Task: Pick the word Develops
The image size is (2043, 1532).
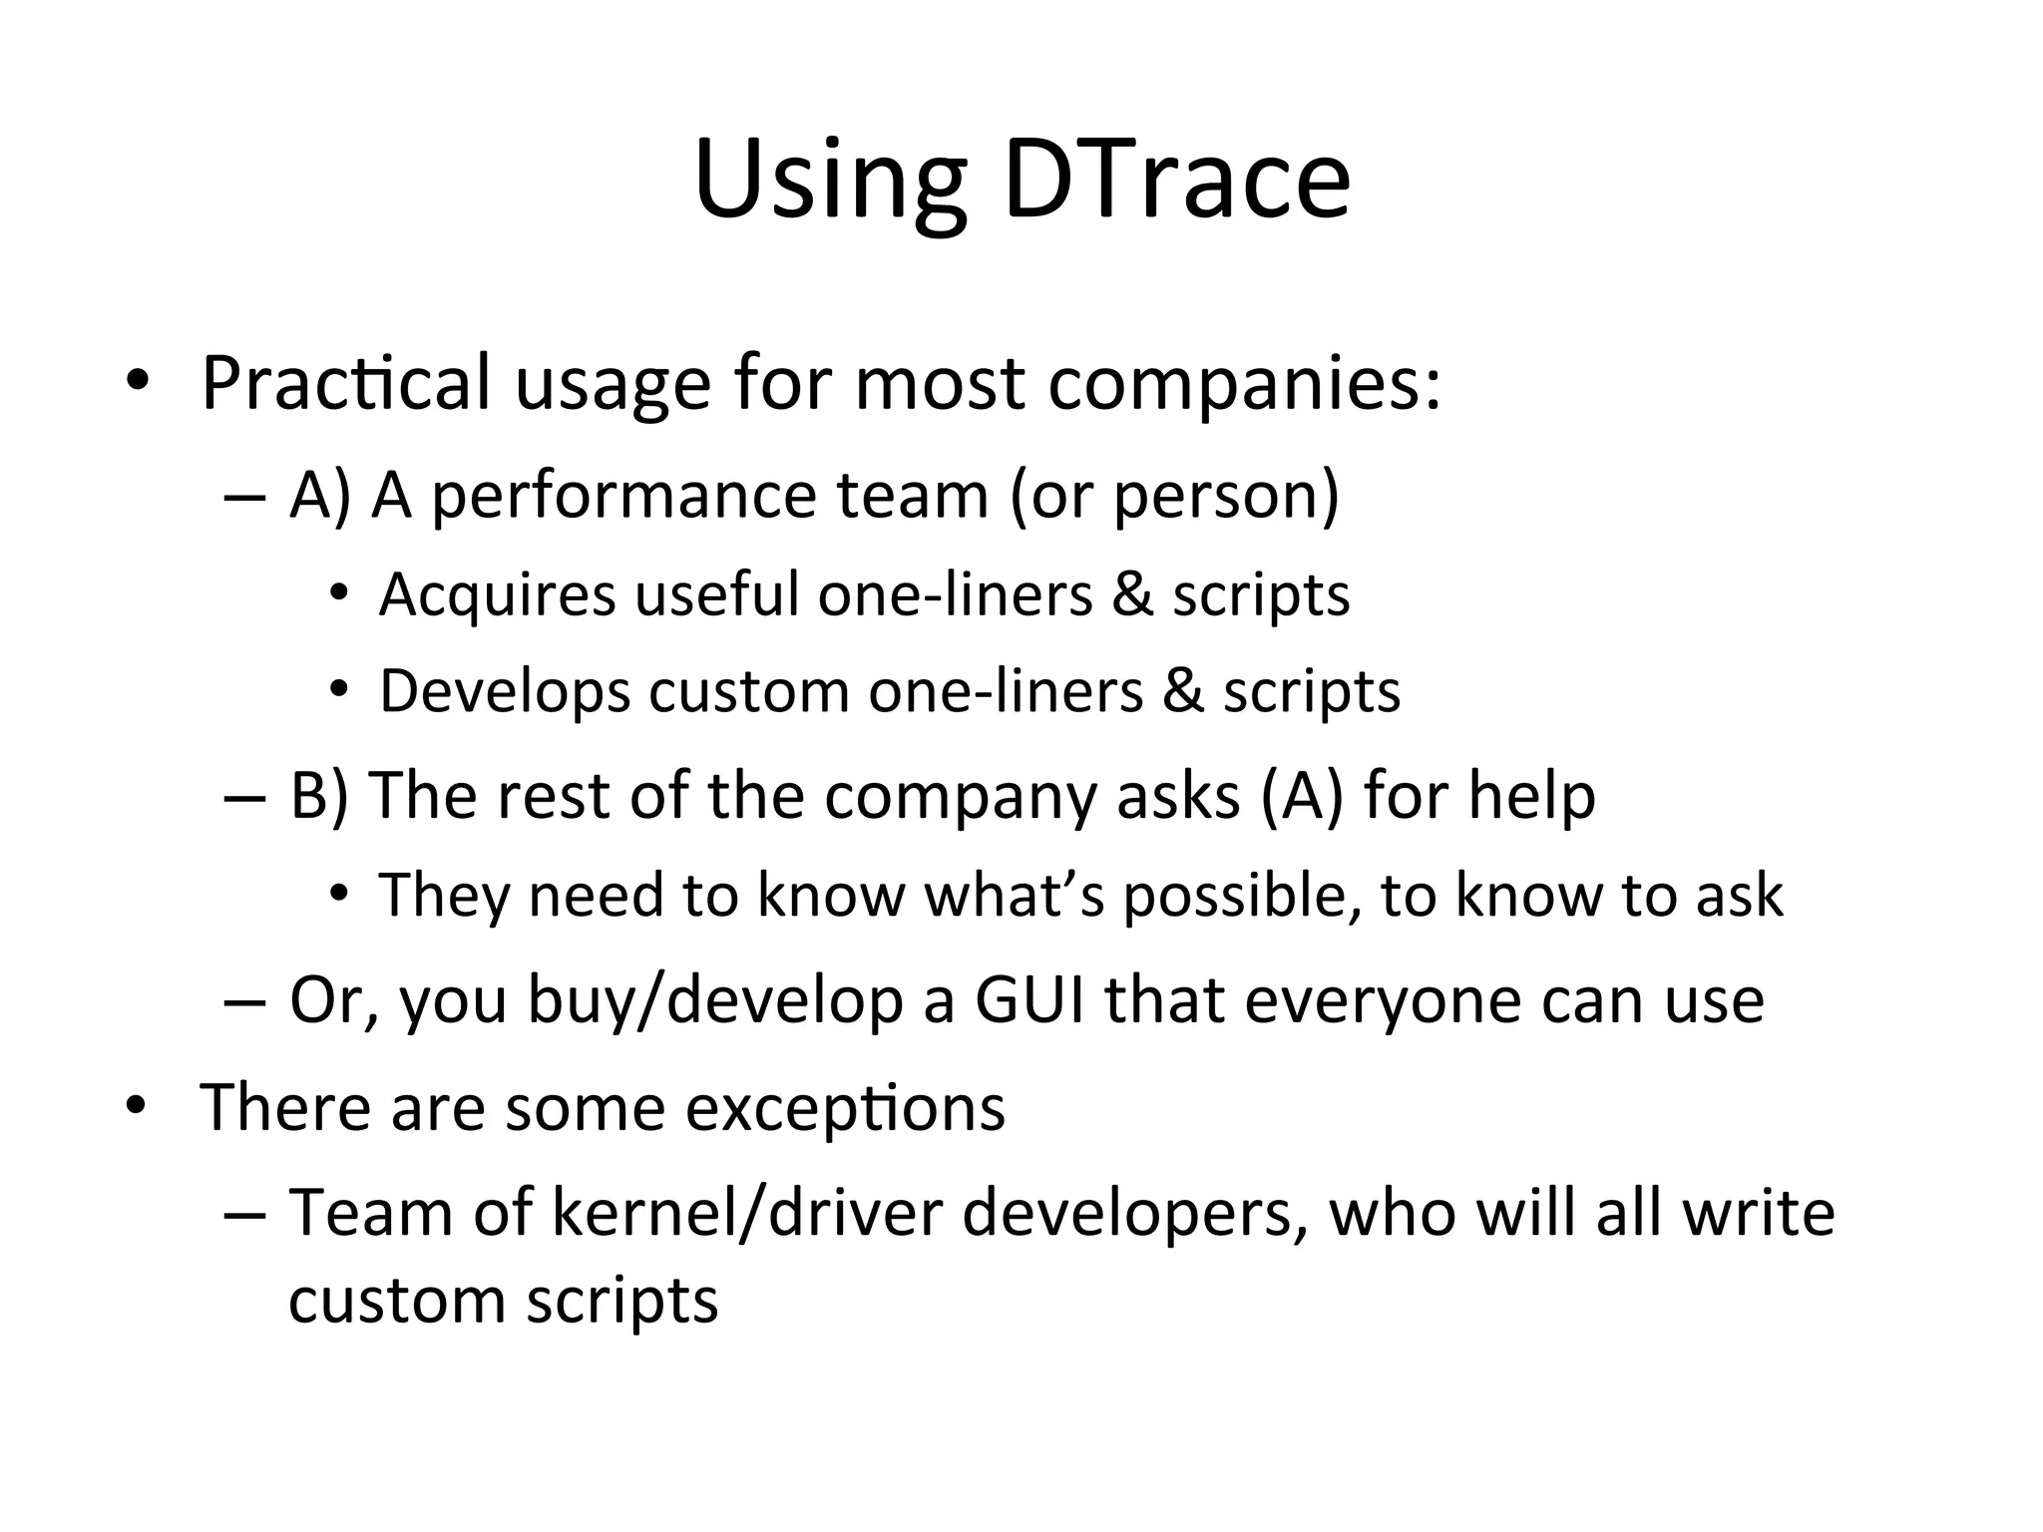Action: pyautogui.click(x=505, y=690)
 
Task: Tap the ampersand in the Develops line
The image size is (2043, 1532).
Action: pyautogui.click(x=1182, y=690)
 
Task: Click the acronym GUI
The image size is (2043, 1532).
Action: pyautogui.click(x=1028, y=1000)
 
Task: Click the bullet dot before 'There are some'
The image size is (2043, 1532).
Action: pyautogui.click(x=136, y=1105)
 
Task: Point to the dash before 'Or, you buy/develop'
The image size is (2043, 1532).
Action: pyautogui.click(x=243, y=1001)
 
